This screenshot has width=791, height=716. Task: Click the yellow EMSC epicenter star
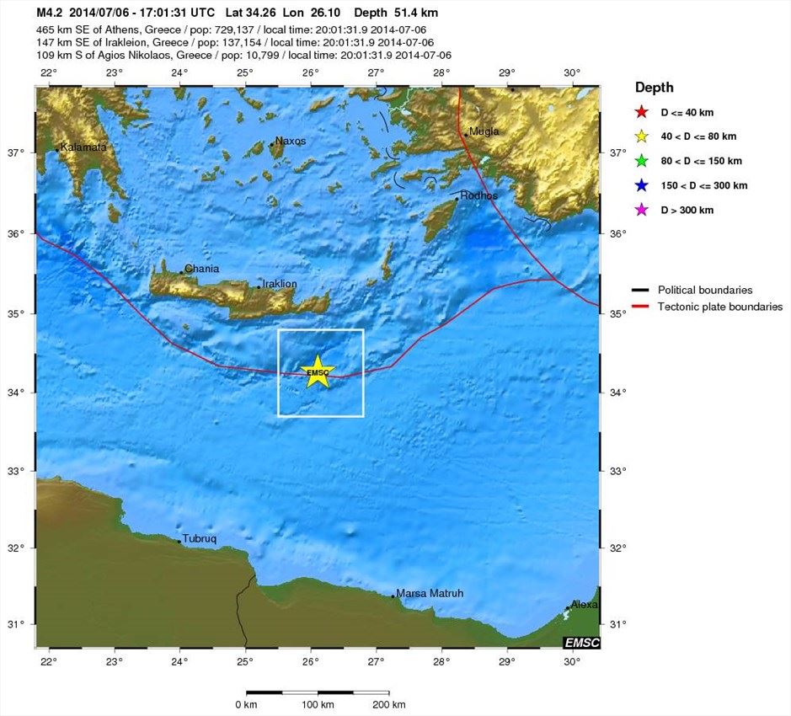coord(318,371)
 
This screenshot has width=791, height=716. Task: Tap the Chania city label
coord(202,269)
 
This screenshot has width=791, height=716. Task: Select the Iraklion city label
coord(280,284)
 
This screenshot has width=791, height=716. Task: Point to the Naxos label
coord(291,141)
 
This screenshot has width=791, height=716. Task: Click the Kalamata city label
coord(83,147)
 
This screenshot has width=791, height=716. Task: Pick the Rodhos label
coord(478,195)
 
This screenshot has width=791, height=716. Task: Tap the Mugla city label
coord(484,131)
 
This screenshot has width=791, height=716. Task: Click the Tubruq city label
coord(200,538)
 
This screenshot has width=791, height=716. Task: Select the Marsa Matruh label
coord(430,593)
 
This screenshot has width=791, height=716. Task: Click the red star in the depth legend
coord(642,112)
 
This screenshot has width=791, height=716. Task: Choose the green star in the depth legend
coord(642,161)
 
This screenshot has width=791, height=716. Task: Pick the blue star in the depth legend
coord(642,185)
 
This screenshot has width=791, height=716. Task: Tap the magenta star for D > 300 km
coord(642,210)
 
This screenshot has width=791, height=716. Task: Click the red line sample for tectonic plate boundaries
coord(641,307)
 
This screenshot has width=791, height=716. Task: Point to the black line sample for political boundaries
coord(641,291)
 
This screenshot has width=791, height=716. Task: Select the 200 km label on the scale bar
coord(388,704)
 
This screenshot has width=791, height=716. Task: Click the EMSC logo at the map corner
coord(582,643)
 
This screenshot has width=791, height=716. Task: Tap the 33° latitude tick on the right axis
coord(617,471)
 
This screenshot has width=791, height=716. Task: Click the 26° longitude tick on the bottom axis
coord(311,661)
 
